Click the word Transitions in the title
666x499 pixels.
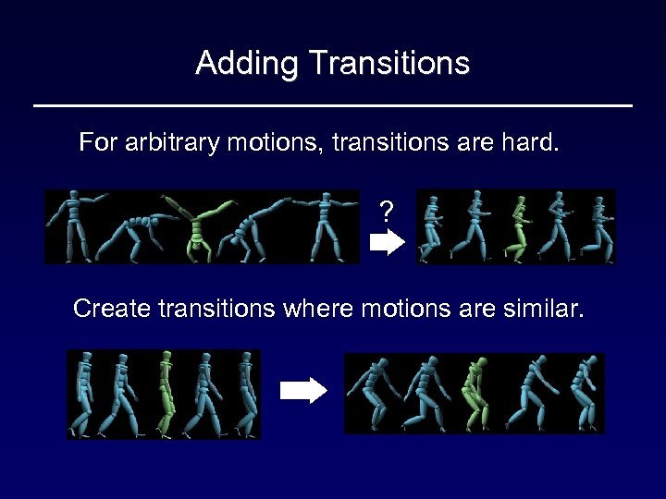pyautogui.click(x=389, y=64)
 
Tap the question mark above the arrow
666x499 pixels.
pyautogui.click(x=386, y=213)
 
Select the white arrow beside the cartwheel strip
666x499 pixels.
pyautogui.click(x=388, y=243)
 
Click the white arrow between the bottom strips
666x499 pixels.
pyautogui.click(x=303, y=391)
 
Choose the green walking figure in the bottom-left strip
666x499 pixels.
pyautogui.click(x=166, y=393)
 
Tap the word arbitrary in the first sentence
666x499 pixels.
pyautogui.click(x=167, y=143)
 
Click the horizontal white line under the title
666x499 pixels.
pyautogui.click(x=333, y=106)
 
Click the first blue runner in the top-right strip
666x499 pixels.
pyautogui.click(x=433, y=226)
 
